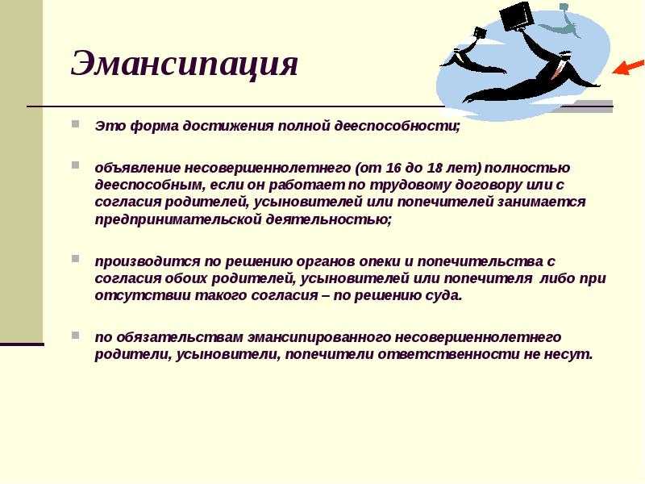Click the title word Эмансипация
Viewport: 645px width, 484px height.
(185, 63)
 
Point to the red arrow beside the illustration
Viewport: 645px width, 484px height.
(628, 67)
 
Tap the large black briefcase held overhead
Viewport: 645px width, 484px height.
(515, 16)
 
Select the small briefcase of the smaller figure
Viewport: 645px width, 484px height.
(480, 33)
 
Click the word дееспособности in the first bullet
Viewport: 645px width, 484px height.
(396, 126)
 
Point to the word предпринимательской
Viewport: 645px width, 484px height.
(177, 219)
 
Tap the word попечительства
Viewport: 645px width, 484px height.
(479, 261)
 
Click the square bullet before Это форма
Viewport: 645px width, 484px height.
(75, 123)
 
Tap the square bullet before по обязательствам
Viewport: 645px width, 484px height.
(75, 335)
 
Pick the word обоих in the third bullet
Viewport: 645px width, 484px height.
(185, 278)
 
